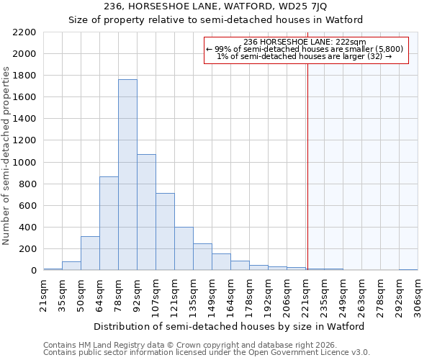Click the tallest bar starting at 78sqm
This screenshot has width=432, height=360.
127,175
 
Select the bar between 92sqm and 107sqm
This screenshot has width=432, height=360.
146,212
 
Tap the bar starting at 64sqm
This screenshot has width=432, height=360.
109,223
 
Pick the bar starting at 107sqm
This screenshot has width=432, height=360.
165,232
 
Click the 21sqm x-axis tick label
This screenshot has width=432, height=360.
43,294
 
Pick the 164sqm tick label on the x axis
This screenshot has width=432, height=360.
230,294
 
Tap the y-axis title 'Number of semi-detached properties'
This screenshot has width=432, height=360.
7,156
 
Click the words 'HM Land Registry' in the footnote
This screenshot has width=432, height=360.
106,345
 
